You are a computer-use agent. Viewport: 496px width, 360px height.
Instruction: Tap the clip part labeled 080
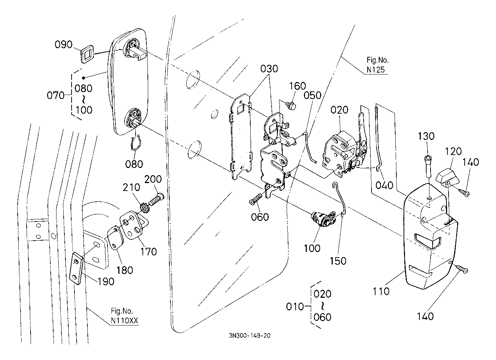click(135, 144)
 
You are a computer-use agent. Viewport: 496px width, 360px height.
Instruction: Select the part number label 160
click(298, 86)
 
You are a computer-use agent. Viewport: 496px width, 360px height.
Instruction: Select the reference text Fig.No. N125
click(377, 65)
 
